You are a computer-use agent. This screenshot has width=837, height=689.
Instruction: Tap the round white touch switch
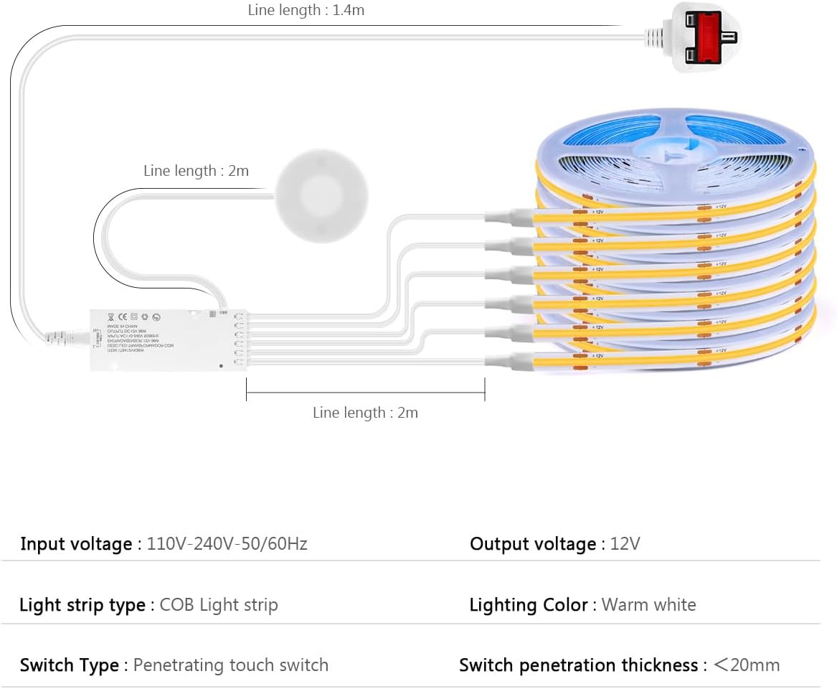coord(322,194)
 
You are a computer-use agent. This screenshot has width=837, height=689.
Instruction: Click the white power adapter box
coord(166,339)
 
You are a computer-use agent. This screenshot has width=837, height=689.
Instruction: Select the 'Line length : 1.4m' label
coord(306,11)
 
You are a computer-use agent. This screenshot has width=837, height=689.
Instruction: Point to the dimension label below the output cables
coord(365,413)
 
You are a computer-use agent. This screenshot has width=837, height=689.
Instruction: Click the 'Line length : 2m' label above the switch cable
coord(196,171)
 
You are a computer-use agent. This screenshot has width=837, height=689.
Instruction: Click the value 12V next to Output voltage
coord(625,544)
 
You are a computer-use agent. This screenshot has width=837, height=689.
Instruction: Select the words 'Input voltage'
coord(76,544)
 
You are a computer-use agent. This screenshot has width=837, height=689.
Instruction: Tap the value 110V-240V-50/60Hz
coord(227,544)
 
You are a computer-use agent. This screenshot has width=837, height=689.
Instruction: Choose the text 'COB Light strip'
coord(219,605)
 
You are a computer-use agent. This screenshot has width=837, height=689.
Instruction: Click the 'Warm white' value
coord(648,605)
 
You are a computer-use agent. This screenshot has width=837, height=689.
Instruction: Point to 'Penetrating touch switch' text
coord(231,665)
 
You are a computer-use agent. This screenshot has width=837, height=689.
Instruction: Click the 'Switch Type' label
coord(70,665)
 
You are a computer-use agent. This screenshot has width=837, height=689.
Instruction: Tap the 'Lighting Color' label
coord(529,605)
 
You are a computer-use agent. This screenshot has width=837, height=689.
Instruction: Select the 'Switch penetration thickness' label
coord(578,665)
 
